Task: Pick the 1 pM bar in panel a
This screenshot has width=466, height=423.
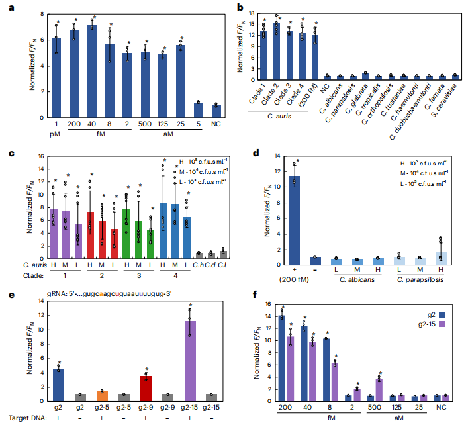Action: tap(56, 78)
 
